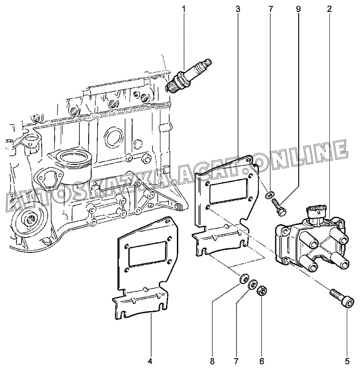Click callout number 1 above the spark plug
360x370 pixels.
[184, 9]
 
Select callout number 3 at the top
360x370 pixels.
[237, 9]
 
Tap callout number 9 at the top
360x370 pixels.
[298, 9]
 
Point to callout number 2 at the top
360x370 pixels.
[329, 9]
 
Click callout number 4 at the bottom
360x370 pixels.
[150, 361]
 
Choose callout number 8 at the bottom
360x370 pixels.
[212, 361]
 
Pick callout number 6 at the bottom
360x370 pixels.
[262, 361]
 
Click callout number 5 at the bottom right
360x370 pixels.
[347, 361]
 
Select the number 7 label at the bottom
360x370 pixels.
[237, 361]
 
